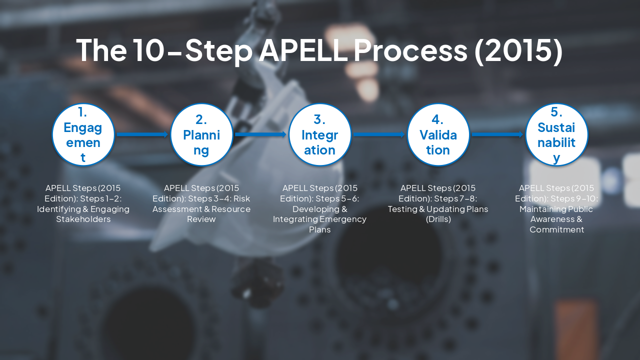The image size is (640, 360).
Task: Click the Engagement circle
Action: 83,134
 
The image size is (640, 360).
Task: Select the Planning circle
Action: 201,134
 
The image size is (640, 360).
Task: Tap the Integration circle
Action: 320,134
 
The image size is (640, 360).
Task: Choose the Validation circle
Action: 438,134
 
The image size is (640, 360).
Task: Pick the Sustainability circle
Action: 556,134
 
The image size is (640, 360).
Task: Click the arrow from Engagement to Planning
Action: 142,134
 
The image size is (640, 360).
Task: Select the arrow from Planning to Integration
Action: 260,134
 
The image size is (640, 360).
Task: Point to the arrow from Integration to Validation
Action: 379,134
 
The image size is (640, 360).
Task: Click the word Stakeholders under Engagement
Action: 83,219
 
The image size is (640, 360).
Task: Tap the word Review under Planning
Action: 201,219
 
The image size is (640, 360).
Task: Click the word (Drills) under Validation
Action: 438,219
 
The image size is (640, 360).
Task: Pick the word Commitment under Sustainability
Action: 556,230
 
